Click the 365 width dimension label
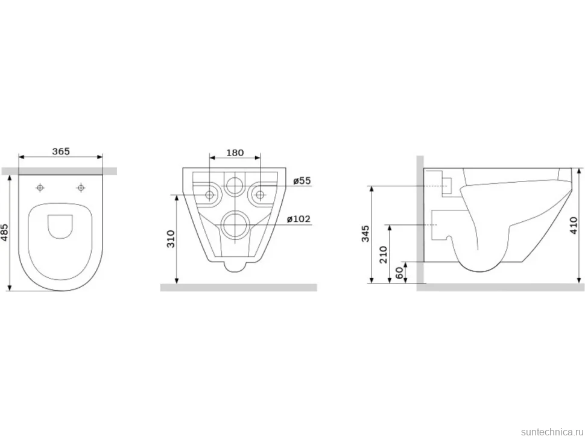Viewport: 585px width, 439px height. pyautogui.click(x=61, y=151)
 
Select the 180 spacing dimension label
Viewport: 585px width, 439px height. pyautogui.click(x=235, y=153)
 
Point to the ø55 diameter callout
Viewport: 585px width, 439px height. pyautogui.click(x=302, y=180)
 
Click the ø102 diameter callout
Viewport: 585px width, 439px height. pyautogui.click(x=299, y=219)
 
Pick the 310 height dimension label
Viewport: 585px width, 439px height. pyautogui.click(x=171, y=239)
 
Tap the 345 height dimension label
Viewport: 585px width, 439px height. pyautogui.click(x=365, y=233)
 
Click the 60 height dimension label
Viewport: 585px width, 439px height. pyautogui.click(x=399, y=273)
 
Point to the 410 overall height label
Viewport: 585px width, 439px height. pyautogui.click(x=574, y=226)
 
